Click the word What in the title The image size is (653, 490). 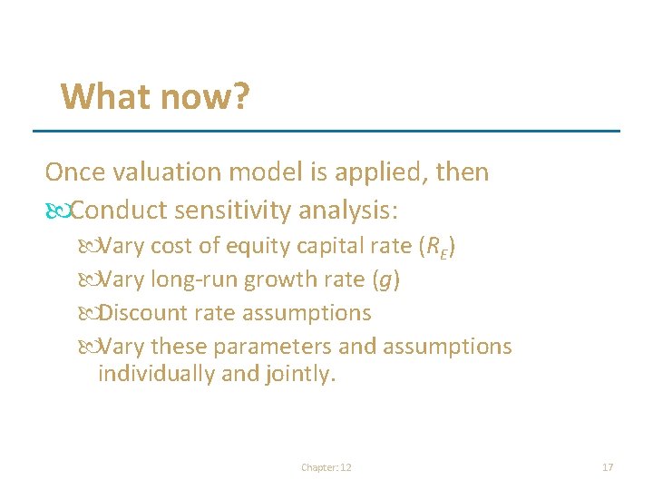pyautogui.click(x=102, y=95)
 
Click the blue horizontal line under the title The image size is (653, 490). pyautogui.click(x=326, y=131)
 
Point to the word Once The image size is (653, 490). pyautogui.click(x=71, y=171)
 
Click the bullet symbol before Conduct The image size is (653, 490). pyautogui.click(x=57, y=211)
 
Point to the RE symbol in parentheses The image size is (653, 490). pyautogui.click(x=435, y=247)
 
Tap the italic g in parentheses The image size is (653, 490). pyautogui.click(x=386, y=280)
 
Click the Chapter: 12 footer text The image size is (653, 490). pyautogui.click(x=326, y=467)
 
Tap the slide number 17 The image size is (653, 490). pyautogui.click(x=608, y=467)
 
